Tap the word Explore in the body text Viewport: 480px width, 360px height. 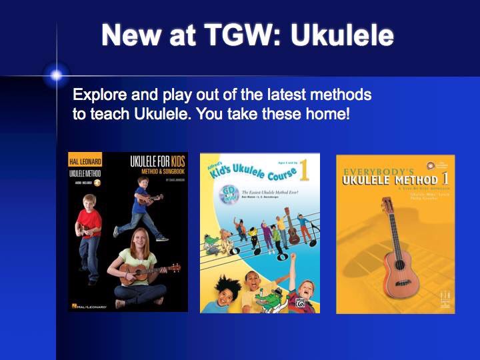coord(100,94)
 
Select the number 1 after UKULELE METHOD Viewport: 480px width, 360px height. coord(445,178)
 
